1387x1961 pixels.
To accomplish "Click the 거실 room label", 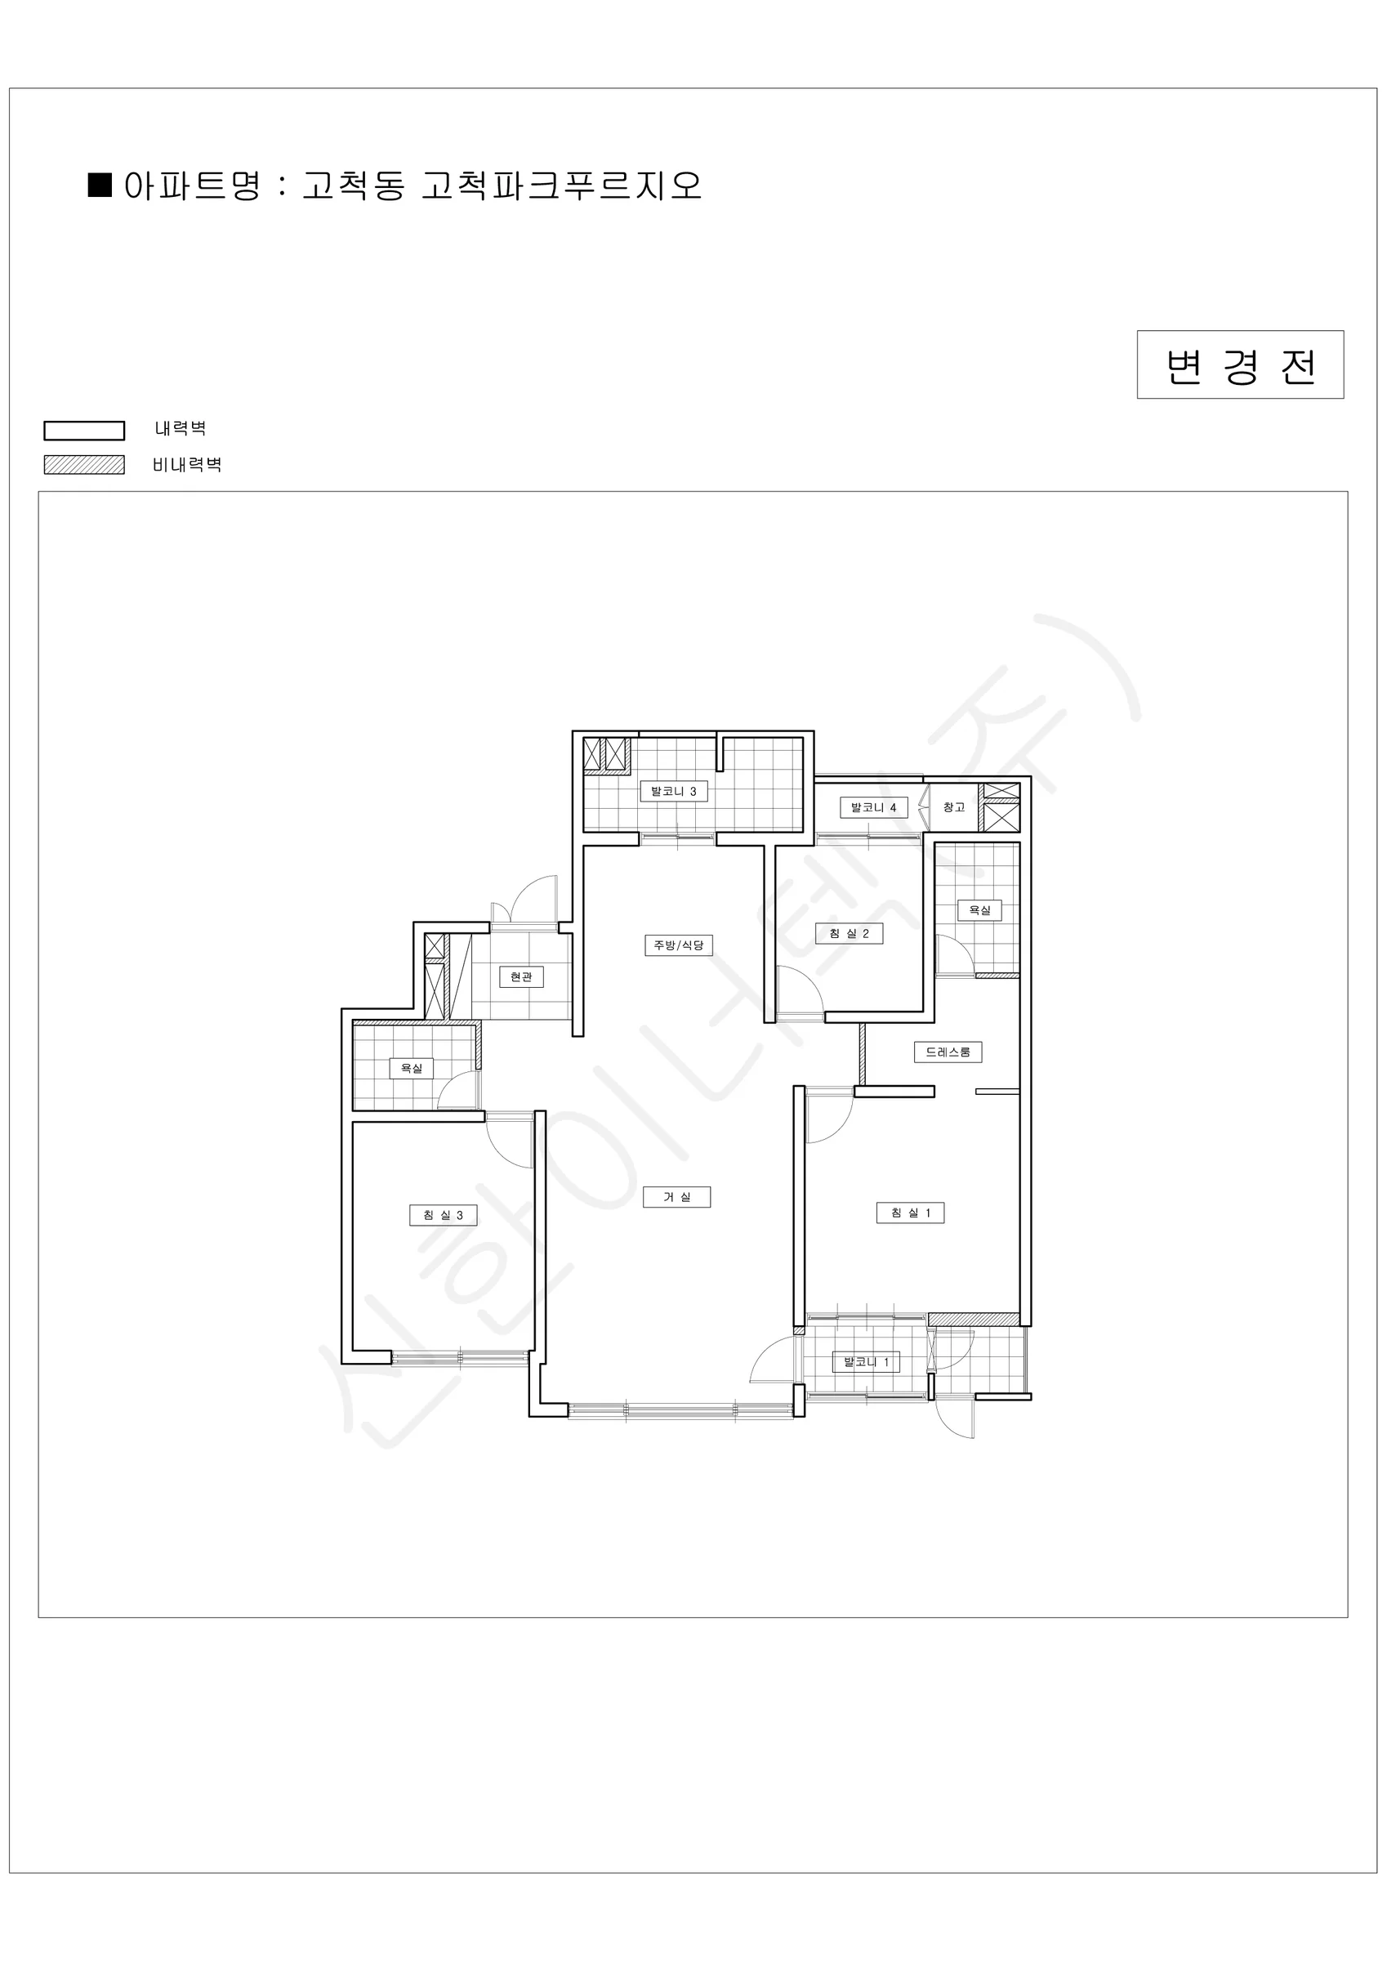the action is click(x=676, y=1196).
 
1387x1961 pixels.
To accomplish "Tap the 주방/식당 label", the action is click(x=678, y=945).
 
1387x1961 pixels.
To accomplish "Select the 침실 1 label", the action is click(x=911, y=1212).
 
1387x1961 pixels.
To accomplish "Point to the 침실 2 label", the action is click(x=849, y=934).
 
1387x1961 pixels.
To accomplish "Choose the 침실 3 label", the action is click(x=444, y=1214).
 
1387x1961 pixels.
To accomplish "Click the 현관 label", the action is click(x=521, y=976).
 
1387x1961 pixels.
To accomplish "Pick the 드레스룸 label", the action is click(x=948, y=1052).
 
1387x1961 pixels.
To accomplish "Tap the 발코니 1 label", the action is click(x=866, y=1361).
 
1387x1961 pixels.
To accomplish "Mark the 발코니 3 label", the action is click(x=674, y=791).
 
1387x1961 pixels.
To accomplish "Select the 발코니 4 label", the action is click(x=874, y=807).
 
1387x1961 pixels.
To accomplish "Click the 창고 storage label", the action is click(x=954, y=807).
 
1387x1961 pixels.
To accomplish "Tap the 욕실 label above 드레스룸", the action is click(x=979, y=909).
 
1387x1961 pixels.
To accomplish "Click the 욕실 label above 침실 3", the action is click(x=412, y=1068).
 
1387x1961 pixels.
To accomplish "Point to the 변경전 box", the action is click(x=1240, y=364).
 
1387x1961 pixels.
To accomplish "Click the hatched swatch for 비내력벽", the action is click(x=85, y=465).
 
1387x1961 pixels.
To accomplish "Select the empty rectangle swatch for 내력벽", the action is click(x=85, y=431).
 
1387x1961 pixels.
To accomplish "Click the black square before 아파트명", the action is click(x=100, y=185).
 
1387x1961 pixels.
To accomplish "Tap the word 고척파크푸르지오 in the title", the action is click(x=562, y=185).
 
